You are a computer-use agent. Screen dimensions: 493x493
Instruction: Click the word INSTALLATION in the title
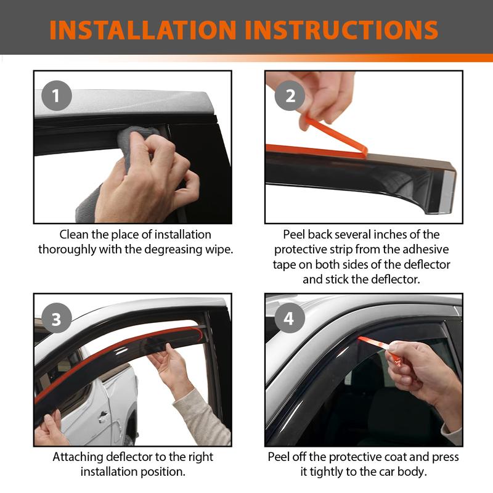[x=143, y=30]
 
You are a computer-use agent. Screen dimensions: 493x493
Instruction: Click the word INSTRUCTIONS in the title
[x=341, y=30]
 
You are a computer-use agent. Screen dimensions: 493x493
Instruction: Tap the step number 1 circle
[x=57, y=96]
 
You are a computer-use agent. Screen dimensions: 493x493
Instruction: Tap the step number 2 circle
[x=290, y=96]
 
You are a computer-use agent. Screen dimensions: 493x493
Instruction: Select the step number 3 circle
[x=57, y=318]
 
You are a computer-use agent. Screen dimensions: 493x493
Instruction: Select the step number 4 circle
[x=290, y=318]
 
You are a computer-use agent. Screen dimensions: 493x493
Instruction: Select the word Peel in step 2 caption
[x=294, y=235]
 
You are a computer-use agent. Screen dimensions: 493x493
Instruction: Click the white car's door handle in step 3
[x=103, y=417]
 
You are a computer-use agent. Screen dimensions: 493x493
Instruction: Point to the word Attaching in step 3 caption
[x=78, y=457]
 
